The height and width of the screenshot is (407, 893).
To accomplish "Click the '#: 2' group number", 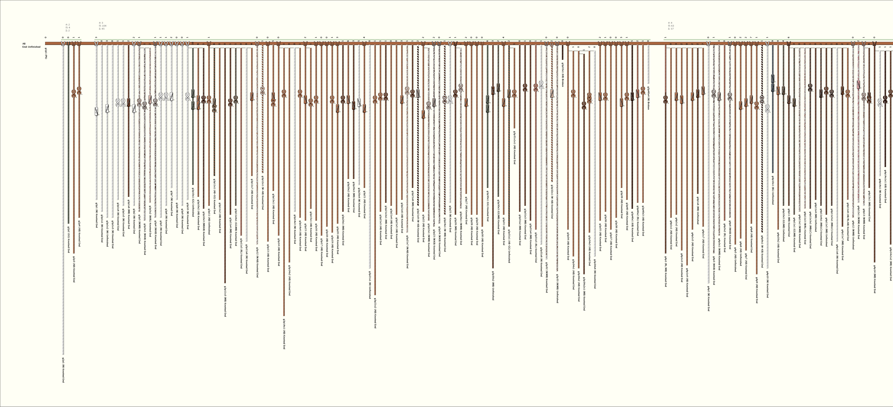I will (68, 25).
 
